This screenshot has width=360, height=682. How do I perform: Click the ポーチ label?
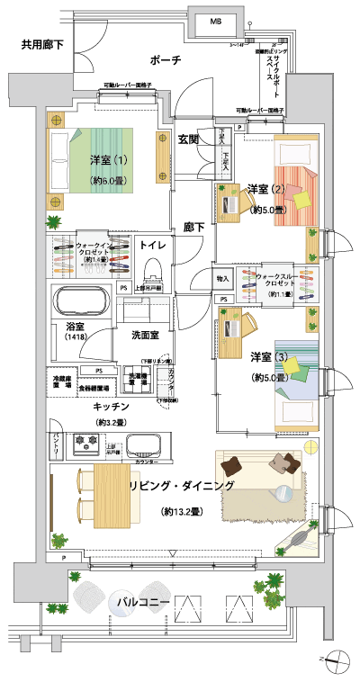166,60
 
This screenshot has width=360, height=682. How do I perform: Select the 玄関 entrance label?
189,139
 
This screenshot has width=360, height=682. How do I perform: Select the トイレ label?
150,245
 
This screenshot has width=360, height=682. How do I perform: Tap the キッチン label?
112,407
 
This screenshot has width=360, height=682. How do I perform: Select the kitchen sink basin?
144,445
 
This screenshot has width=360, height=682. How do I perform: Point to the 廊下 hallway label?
193,228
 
